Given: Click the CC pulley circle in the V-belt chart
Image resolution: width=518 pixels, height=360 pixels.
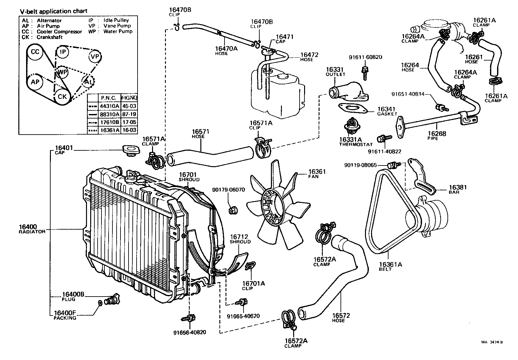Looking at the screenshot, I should click(x=35, y=52).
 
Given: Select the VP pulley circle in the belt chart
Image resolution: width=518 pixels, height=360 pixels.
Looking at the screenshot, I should click(x=95, y=57).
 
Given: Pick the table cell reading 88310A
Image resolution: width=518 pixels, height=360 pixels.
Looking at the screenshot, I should click(x=110, y=114).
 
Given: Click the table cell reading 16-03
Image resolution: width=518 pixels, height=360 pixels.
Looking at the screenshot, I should click(x=129, y=130).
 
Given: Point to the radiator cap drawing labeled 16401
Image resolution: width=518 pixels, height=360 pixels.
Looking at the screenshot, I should click(x=130, y=151).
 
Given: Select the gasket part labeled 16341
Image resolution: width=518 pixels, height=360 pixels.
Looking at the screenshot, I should click(x=353, y=108).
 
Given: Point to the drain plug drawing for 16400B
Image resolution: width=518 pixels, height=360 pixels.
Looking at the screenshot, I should click(x=113, y=299).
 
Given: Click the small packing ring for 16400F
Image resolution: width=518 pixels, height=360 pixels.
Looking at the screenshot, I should click(x=100, y=303).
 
